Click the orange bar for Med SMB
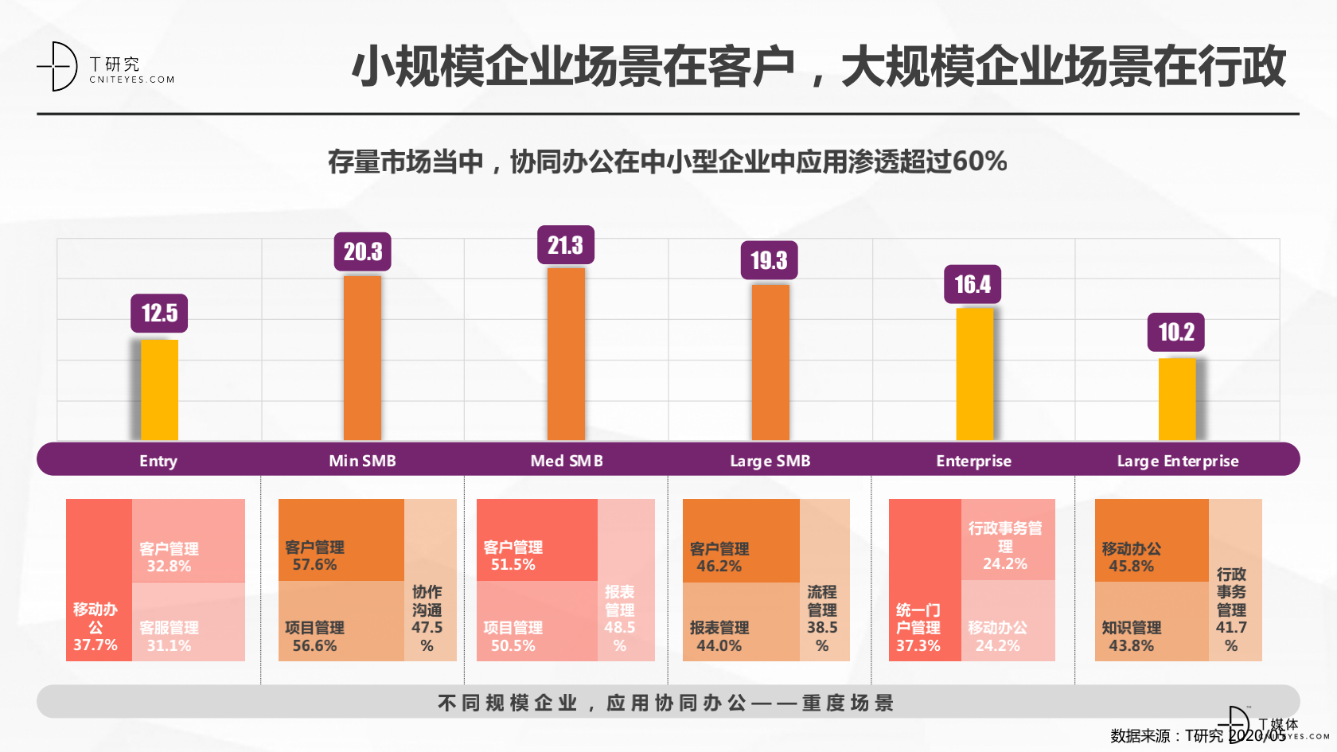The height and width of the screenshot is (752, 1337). coord(566,354)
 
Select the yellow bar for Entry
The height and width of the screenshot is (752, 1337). coord(159,390)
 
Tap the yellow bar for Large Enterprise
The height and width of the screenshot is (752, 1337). coord(1176,399)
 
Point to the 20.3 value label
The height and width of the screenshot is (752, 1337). coord(363,252)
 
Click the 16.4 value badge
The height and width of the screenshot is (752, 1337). coord(973,284)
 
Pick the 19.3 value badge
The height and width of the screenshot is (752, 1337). coord(769,260)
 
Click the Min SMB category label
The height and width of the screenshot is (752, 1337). coord(362,461)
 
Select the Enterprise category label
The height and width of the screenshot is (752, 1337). coord(973,461)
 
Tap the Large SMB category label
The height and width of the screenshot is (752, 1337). coord(770,461)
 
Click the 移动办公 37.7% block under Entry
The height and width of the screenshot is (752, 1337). coord(98,580)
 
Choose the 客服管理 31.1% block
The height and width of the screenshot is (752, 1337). coord(188,621)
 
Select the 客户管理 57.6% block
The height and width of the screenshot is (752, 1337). coord(341,540)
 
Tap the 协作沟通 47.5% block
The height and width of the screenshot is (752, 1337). coord(430,580)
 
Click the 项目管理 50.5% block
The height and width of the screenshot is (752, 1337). coord(536,621)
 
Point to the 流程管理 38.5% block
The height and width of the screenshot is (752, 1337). coord(824,580)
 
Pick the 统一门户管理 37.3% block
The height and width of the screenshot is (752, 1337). coord(924,580)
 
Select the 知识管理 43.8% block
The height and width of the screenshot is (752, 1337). coord(1151,621)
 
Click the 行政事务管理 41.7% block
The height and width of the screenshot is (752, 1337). coord(1234,580)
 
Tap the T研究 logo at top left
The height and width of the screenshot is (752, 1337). coord(103,67)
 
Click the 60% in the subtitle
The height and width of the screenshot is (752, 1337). coord(980,162)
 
